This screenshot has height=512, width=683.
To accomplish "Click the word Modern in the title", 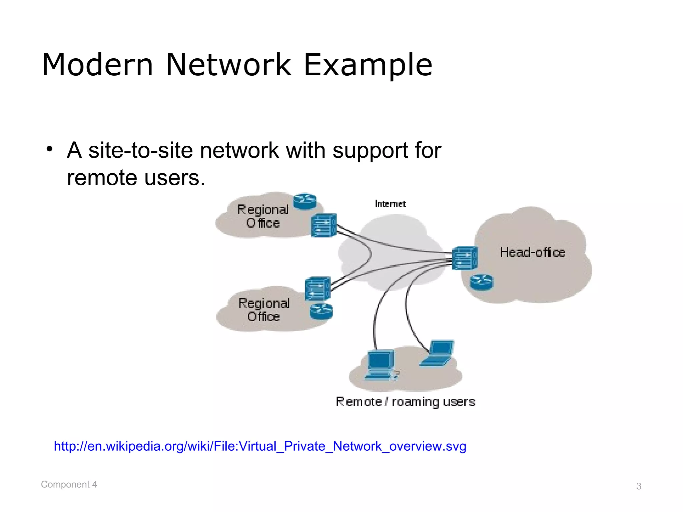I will (97, 65).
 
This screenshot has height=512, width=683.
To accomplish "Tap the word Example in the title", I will (368, 65).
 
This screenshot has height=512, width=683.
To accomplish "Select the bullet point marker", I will (50, 149).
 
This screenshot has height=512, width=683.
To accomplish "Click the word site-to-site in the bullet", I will (140, 150).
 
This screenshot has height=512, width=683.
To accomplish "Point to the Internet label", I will (390, 204).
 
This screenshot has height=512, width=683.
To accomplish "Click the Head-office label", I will (533, 252).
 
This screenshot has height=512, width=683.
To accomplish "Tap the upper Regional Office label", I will (263, 216).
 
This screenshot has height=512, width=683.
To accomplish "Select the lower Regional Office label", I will (264, 310).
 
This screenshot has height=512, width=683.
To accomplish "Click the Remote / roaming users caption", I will (405, 402).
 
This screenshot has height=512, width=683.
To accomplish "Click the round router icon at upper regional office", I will (304, 201).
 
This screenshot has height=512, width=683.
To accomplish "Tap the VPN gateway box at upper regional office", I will (323, 226).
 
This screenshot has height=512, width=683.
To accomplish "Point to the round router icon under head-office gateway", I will (482, 282).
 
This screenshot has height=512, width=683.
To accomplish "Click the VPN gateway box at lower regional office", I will (317, 289).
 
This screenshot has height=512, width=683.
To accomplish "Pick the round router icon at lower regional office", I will (321, 312).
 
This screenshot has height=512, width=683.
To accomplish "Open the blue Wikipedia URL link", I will (260, 446).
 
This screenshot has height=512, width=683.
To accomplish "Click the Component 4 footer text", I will (69, 484).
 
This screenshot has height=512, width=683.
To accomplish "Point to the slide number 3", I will (639, 486).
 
